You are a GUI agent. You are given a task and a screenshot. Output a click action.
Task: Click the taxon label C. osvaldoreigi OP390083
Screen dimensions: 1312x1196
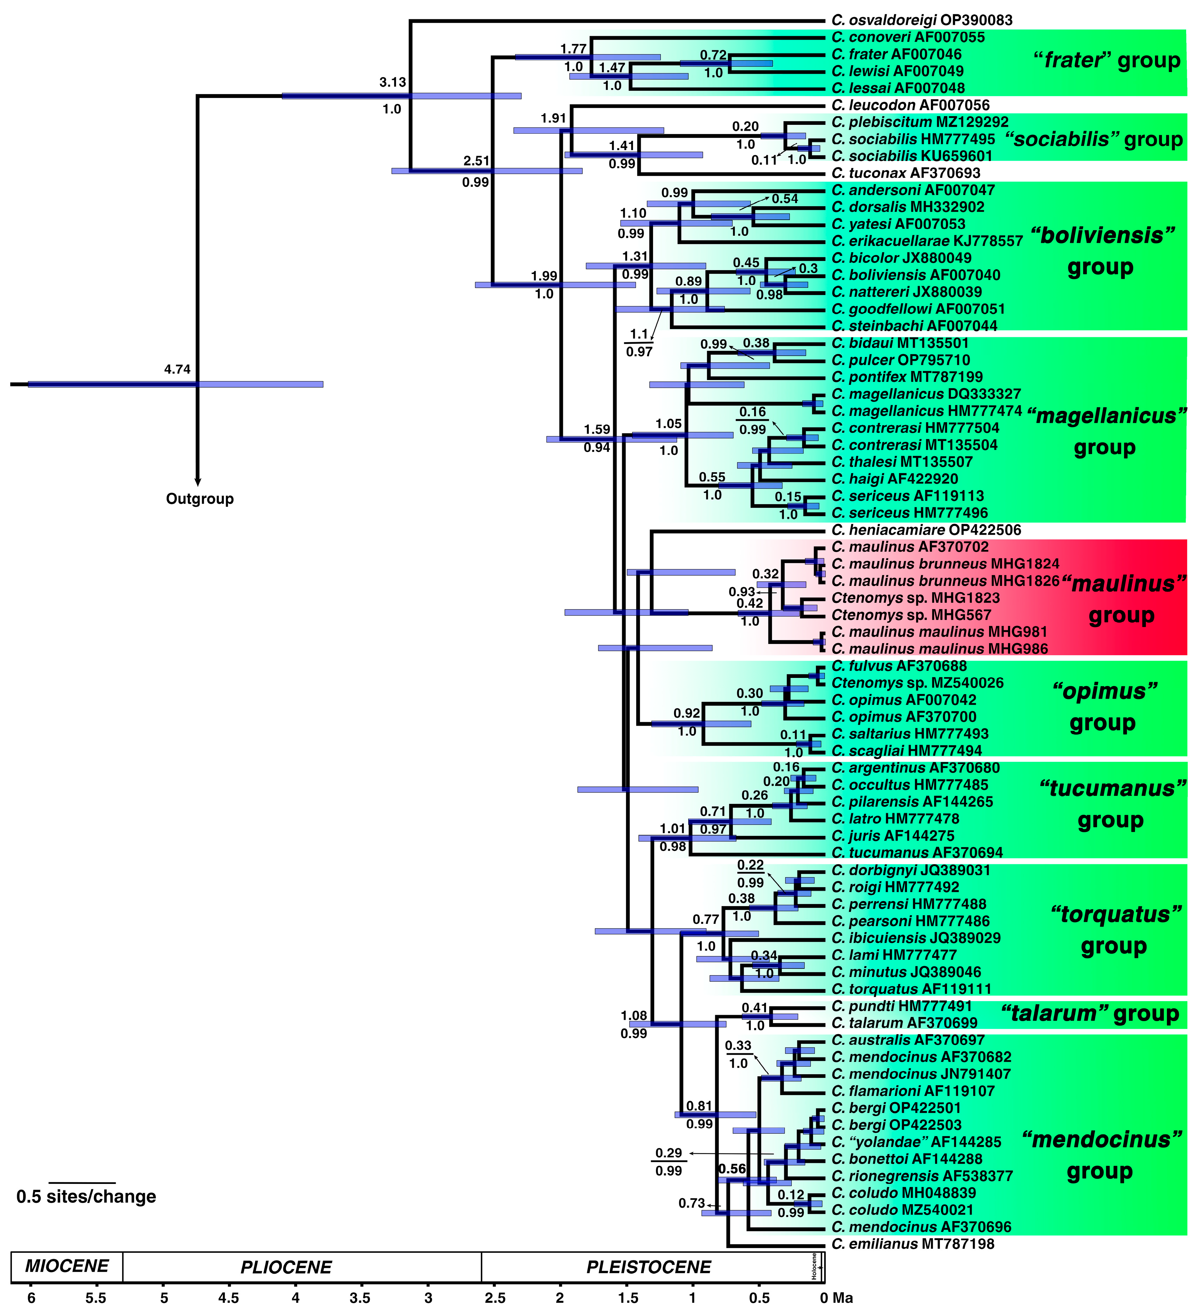[x=921, y=20]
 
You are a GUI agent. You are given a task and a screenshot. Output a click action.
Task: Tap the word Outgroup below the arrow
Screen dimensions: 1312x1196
[x=200, y=499]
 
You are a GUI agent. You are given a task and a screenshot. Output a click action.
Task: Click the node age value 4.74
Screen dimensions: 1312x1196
[x=177, y=369]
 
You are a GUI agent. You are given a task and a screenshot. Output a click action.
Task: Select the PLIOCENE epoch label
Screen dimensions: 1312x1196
[x=286, y=1267]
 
